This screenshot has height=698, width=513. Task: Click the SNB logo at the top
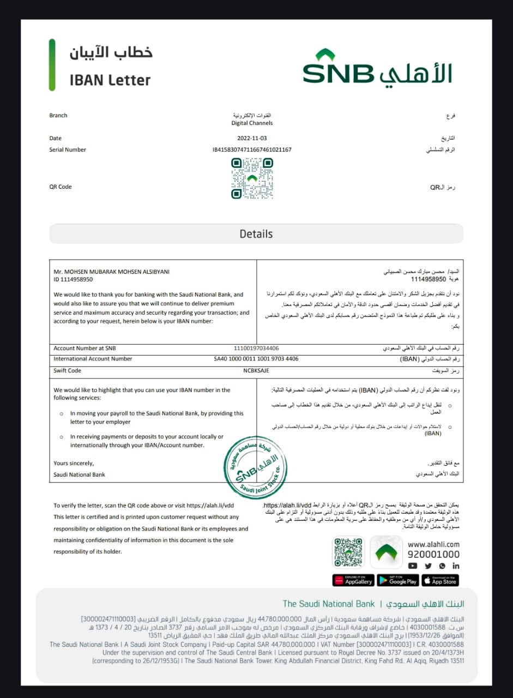point(377,67)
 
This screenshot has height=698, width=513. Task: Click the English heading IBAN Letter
point(110,80)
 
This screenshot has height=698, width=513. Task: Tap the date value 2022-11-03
point(252,139)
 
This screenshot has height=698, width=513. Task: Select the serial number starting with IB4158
point(252,149)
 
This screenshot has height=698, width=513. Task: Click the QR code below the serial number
point(252,178)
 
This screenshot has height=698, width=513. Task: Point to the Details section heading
point(256,234)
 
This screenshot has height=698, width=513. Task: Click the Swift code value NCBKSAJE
point(256,371)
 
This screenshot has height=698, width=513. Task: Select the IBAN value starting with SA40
point(256,359)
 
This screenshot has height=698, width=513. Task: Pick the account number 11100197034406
point(256,348)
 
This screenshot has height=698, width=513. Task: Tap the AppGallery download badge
point(353,580)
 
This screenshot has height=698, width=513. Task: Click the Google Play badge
point(398,580)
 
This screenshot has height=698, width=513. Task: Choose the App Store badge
point(440,580)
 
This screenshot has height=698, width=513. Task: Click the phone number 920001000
point(433,555)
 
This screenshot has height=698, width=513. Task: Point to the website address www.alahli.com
point(433,544)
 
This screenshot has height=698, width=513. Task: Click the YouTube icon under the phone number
point(413,566)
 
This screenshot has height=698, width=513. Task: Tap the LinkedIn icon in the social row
point(456,566)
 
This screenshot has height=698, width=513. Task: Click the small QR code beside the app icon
point(348,552)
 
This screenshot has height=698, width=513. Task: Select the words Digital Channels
point(252,123)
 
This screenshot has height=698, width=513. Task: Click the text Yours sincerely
point(74,464)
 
